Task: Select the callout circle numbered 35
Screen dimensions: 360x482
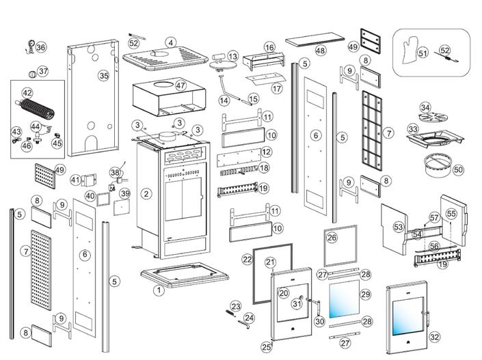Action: click(104, 75)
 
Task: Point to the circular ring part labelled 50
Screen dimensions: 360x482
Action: click(440, 165)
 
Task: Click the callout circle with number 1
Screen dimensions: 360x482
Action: click(159, 290)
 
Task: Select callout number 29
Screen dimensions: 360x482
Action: click(364, 294)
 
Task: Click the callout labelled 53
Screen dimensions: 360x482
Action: click(399, 226)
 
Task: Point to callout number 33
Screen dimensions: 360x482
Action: click(412, 128)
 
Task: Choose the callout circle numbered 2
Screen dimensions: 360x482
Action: click(146, 193)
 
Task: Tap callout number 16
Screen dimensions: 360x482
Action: click(269, 47)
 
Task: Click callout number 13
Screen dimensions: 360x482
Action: click(233, 56)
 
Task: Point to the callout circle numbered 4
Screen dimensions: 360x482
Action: click(170, 42)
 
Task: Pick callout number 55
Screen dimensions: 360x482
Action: click(451, 214)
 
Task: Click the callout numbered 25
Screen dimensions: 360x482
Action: click(267, 347)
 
